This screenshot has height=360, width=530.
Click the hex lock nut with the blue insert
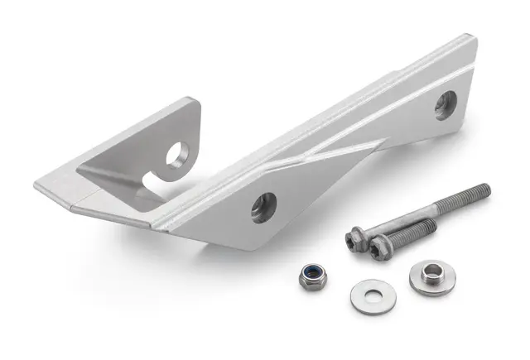312,277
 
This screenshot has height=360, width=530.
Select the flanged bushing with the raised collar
431,277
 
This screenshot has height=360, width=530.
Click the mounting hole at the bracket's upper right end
445,104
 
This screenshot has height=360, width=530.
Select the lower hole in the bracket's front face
263,206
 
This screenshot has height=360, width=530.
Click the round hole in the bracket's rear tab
177,154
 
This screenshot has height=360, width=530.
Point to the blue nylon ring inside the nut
312,274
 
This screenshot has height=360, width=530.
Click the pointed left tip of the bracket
37,185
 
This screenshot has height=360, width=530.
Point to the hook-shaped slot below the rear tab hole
153,178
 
